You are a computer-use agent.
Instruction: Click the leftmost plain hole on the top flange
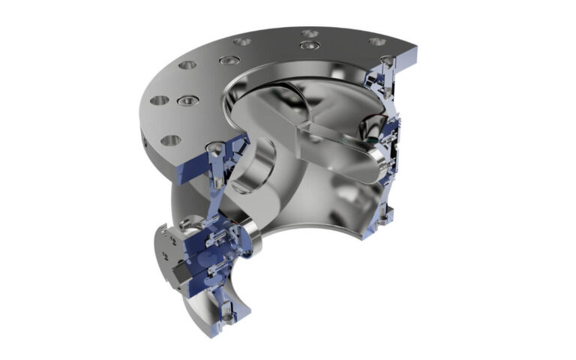point(159,100)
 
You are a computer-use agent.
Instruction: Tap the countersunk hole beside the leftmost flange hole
point(182,100)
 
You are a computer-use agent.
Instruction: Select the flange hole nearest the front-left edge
point(171,140)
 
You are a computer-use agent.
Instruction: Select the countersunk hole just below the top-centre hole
point(304,46)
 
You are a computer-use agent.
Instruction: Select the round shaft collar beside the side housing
point(251,239)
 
